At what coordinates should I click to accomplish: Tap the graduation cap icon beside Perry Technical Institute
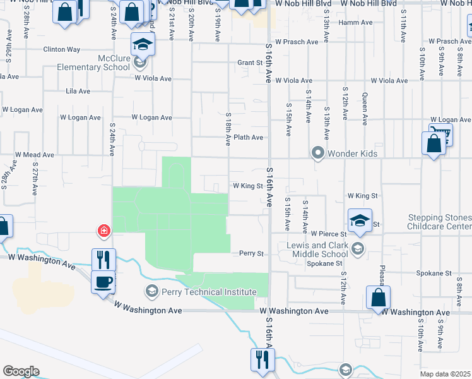point(151,292)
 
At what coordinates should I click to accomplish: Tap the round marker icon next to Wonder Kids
point(318,153)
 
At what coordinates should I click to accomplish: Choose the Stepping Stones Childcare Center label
point(439,222)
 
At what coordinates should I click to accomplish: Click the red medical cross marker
point(103,231)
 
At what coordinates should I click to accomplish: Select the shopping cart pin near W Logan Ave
point(440,134)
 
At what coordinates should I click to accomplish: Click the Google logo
point(21,371)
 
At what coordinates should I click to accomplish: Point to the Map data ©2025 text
point(445,374)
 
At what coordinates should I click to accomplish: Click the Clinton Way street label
point(61,49)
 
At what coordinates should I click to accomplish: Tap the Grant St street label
point(249,63)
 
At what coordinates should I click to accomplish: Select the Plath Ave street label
point(248,137)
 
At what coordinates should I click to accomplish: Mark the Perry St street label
point(251,253)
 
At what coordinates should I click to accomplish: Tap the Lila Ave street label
point(78,91)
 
